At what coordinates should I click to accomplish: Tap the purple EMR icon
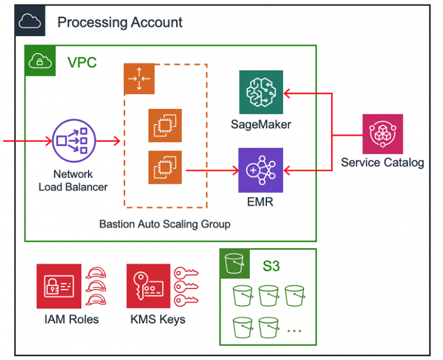[x=261, y=170]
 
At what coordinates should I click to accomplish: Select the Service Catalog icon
[x=382, y=134]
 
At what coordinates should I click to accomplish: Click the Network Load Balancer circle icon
[x=73, y=139]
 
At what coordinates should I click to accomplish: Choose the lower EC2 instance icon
[x=165, y=167]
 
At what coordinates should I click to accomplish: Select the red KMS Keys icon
[x=148, y=286]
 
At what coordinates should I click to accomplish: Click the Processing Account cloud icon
[x=30, y=22]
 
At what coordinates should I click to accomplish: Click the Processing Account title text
[x=120, y=22]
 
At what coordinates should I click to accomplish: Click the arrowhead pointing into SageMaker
[x=288, y=91]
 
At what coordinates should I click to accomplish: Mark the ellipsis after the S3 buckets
[x=294, y=330]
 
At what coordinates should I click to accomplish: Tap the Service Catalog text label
[x=382, y=163]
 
